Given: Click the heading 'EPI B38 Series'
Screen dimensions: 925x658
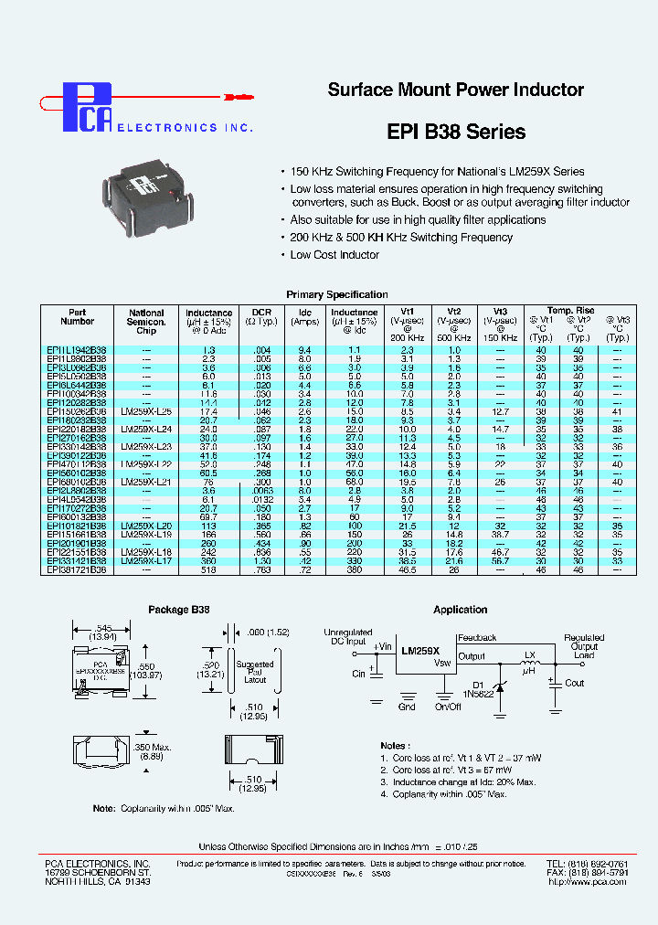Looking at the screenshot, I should [x=455, y=132].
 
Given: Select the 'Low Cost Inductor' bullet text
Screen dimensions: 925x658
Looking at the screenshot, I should [x=334, y=255].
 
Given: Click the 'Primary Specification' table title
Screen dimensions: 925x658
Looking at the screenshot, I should [x=337, y=294].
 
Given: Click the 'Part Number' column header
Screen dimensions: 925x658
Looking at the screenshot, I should [x=78, y=317].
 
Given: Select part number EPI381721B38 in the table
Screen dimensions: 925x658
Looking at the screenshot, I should [x=77, y=569].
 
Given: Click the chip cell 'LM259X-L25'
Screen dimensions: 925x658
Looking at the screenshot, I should [x=146, y=411].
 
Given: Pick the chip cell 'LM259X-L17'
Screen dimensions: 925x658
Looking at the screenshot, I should [x=146, y=560].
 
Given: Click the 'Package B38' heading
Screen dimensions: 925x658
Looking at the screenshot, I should [x=177, y=610].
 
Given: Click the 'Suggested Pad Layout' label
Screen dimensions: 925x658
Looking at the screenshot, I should [x=254, y=671].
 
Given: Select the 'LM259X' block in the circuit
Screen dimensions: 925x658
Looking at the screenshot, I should [x=420, y=650].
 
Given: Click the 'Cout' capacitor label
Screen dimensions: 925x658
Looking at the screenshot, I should [x=574, y=683].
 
